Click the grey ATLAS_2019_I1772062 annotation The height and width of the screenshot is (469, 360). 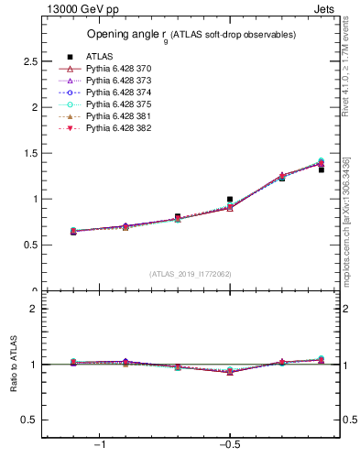click(x=191, y=274)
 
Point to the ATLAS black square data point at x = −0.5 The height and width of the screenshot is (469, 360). click(x=230, y=199)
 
